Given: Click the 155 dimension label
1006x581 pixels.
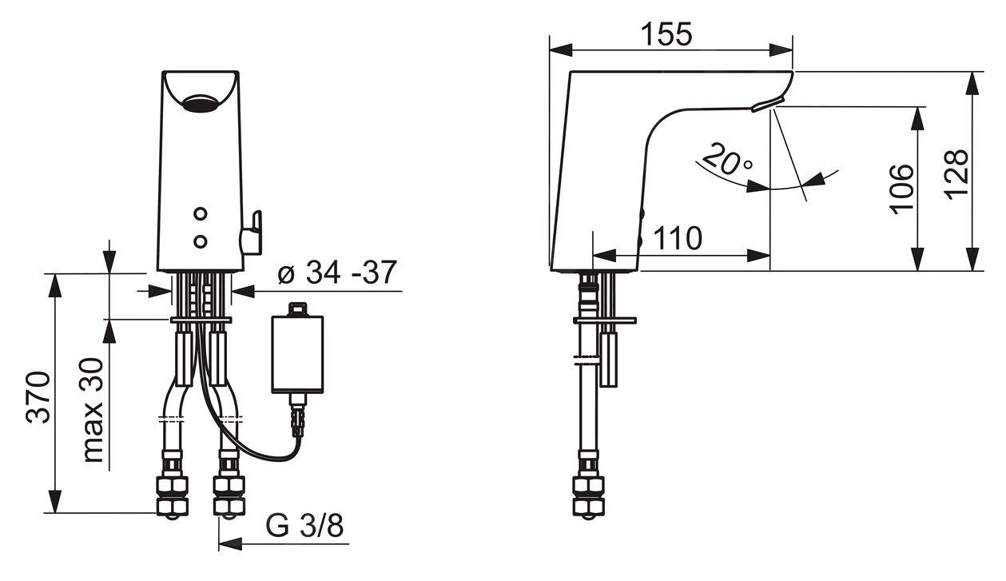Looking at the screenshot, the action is coord(666,34).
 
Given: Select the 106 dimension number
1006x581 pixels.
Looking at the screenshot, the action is coord(901,189).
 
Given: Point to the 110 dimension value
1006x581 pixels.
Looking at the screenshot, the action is coord(678,238).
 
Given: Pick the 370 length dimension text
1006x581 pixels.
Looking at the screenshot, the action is coord(38,397).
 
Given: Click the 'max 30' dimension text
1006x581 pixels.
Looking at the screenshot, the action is coord(93,410).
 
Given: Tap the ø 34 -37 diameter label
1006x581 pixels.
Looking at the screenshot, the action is coord(337,273).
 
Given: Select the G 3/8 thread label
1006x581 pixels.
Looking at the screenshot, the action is coord(305,525).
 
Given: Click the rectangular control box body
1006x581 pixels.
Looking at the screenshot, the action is coord(297,355).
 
